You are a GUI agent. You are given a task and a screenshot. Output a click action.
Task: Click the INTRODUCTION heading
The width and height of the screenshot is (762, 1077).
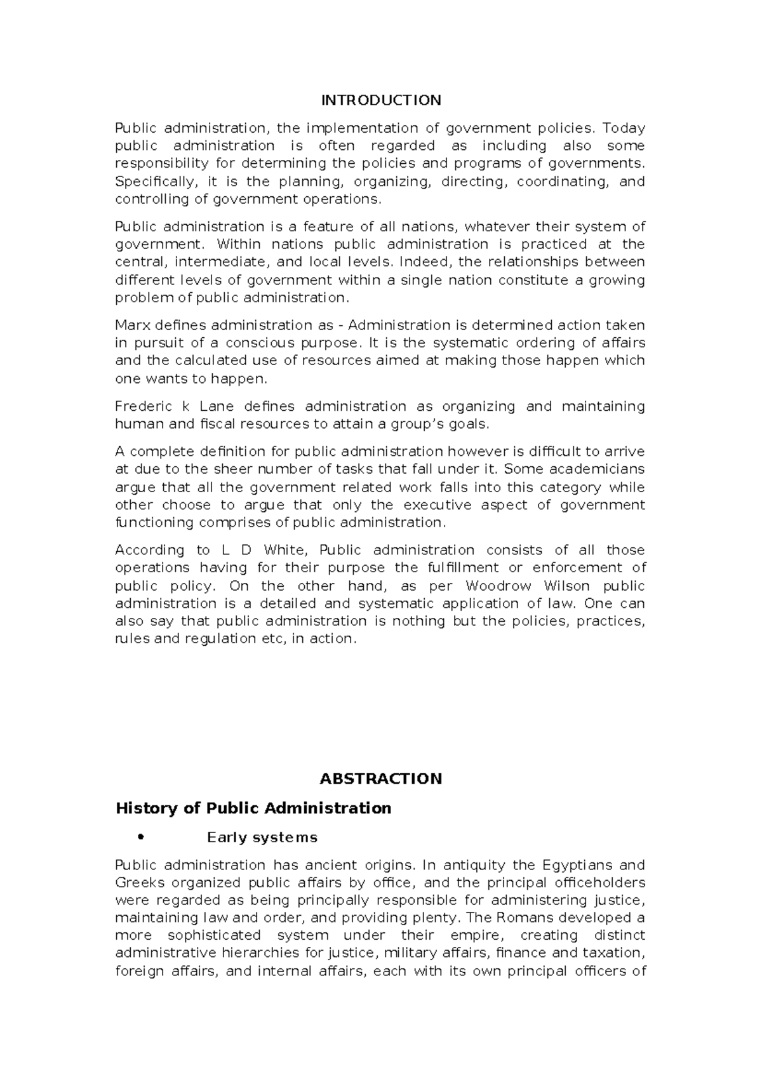tap(380, 100)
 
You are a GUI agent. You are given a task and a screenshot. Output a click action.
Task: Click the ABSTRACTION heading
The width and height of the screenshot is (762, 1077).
tap(380, 779)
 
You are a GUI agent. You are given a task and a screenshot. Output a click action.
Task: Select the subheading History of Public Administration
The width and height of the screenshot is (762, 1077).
tap(253, 808)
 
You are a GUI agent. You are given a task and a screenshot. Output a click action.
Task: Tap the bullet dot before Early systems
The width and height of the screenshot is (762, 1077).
tap(141, 837)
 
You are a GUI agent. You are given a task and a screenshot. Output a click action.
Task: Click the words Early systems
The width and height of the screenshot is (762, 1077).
tap(262, 838)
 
